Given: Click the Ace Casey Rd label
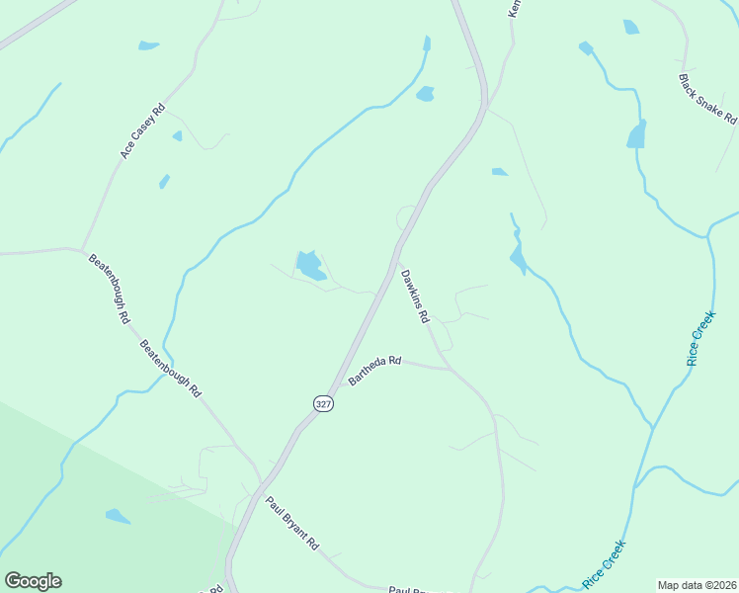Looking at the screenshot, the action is click(142, 131).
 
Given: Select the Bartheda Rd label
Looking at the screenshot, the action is click(374, 372).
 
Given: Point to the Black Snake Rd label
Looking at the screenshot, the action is click(708, 98).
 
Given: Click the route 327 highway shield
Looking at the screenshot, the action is click(323, 403).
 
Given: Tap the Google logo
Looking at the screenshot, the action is click(33, 581).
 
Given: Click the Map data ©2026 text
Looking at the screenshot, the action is click(697, 585).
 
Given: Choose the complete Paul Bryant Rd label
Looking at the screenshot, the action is click(292, 523).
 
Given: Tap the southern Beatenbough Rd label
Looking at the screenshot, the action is click(170, 369).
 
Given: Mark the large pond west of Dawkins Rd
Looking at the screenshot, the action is click(310, 265).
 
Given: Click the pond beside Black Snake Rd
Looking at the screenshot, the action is click(637, 133).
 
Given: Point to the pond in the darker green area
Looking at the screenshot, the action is click(118, 516).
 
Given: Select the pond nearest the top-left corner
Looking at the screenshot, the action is click(148, 45).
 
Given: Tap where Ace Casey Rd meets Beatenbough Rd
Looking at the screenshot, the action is click(81, 249).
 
